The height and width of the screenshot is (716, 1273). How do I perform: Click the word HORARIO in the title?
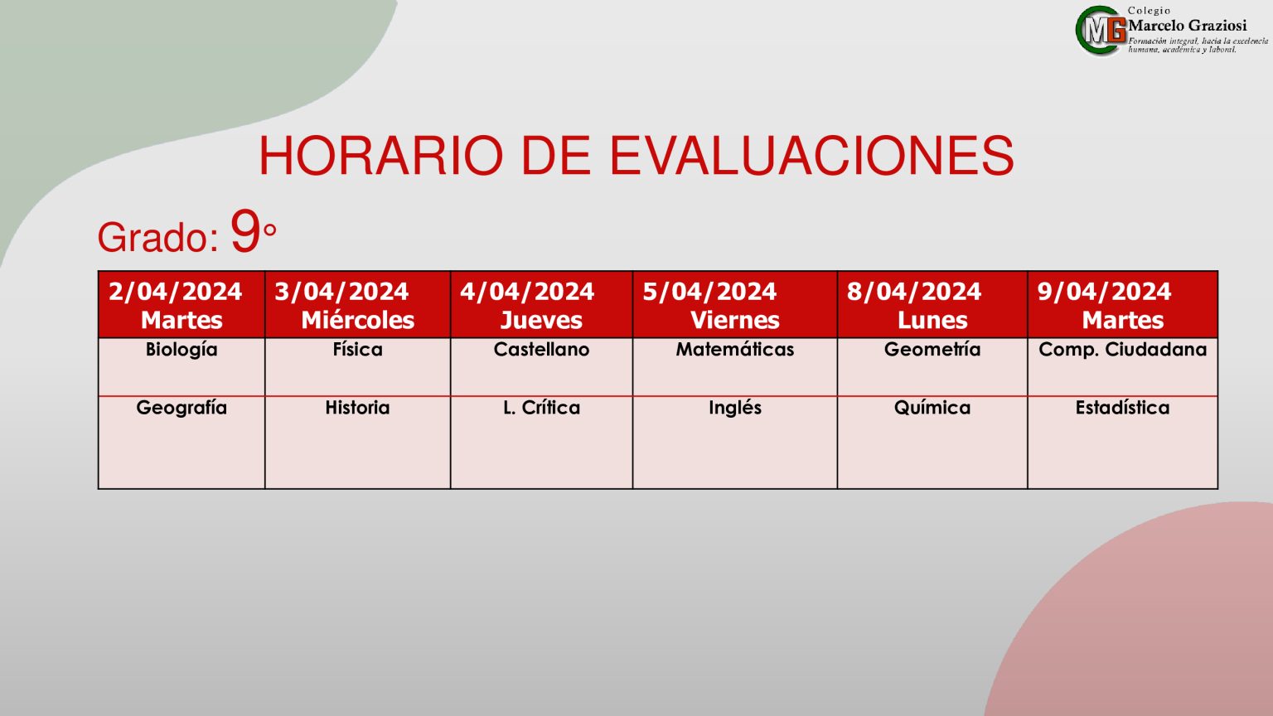tap(380, 156)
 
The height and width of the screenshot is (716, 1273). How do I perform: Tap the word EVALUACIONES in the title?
tap(812, 156)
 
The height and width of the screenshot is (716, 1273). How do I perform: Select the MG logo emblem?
tap(1101, 31)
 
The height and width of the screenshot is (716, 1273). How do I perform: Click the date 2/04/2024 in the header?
tap(175, 292)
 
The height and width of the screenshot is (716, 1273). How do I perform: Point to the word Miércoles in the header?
tap(357, 321)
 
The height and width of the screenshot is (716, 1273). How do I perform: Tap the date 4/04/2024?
tap(527, 292)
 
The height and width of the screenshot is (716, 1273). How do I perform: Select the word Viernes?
tap(735, 321)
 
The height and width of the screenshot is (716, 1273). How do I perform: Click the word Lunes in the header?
tap(932, 321)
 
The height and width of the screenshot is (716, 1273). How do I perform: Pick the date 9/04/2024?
tap(1104, 292)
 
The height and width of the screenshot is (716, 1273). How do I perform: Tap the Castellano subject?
tap(541, 350)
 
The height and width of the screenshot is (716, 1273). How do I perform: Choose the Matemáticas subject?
tap(735, 350)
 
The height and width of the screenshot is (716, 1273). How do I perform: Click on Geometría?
tap(932, 350)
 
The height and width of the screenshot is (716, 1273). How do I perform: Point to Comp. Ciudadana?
tap(1122, 350)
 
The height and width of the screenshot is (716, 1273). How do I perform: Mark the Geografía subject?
tap(182, 409)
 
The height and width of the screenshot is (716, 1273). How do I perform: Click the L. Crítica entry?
tap(541, 408)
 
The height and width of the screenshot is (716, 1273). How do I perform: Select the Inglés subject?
tap(735, 409)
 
